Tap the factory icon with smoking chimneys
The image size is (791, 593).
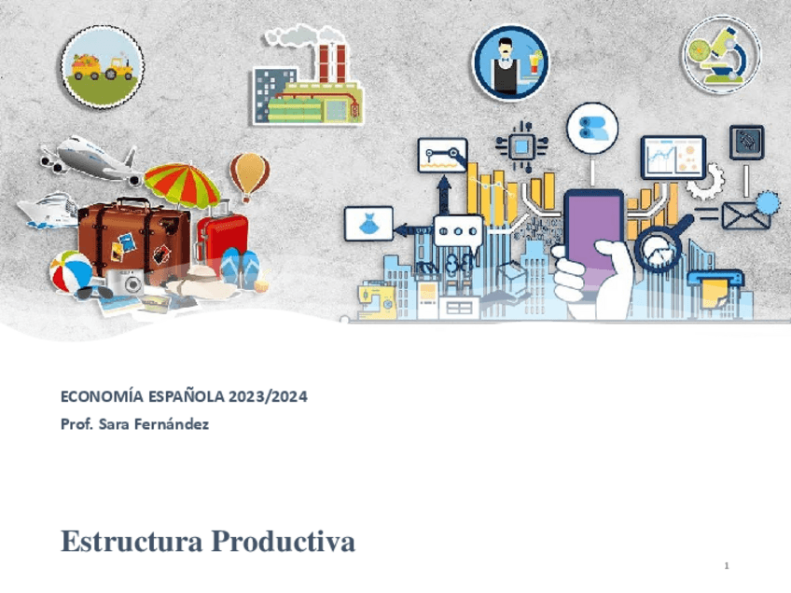click(x=308, y=80)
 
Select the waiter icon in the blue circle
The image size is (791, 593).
click(x=509, y=63)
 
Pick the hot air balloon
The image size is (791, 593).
click(x=249, y=174)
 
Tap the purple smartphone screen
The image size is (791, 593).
click(x=593, y=234)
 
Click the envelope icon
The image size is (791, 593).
click(x=745, y=217)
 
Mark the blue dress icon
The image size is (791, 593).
click(x=368, y=224)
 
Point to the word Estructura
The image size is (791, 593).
click(x=132, y=541)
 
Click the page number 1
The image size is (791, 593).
click(x=726, y=567)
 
